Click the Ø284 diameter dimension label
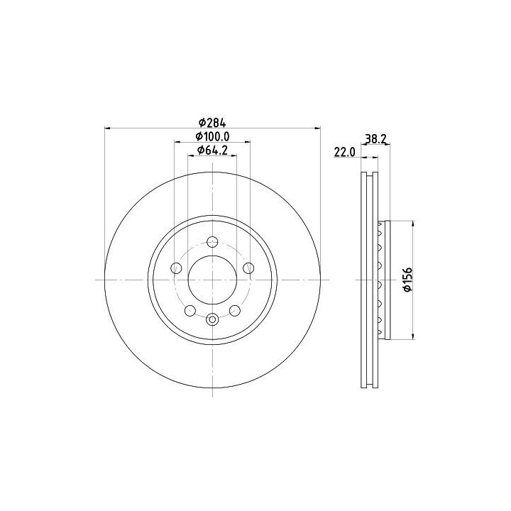[212, 123]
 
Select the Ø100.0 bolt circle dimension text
[212, 136]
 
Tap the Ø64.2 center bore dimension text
[212, 150]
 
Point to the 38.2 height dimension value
[375, 139]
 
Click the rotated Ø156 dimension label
[407, 280]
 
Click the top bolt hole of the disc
[212, 242]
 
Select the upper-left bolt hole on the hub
[176, 268]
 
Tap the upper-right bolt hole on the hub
[248, 268]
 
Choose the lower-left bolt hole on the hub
[190, 311]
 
